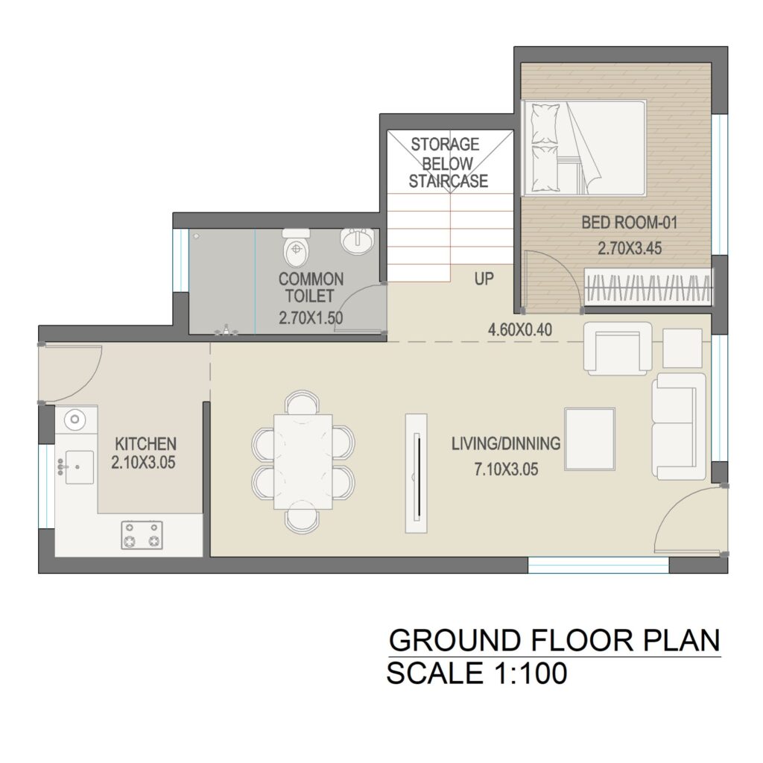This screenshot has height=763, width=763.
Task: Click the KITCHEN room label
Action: pyautogui.click(x=145, y=444)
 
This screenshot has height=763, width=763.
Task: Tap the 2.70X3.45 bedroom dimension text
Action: pyautogui.click(x=630, y=248)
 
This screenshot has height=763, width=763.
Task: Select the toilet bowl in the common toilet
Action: pyautogui.click(x=296, y=247)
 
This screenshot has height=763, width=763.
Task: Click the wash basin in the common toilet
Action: pyautogui.click(x=358, y=241)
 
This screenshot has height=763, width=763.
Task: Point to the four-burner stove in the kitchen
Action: pyautogui.click(x=142, y=535)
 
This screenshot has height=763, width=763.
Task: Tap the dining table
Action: pyautogui.click(x=303, y=462)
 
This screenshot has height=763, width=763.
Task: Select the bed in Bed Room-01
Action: pyautogui.click(x=584, y=148)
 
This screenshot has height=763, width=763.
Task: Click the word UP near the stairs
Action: pyautogui.click(x=484, y=279)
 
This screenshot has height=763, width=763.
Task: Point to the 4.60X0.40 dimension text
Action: pyautogui.click(x=519, y=330)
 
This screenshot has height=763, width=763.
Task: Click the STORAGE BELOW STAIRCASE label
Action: pyautogui.click(x=448, y=162)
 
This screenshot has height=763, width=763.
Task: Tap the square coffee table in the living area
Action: pyautogui.click(x=590, y=439)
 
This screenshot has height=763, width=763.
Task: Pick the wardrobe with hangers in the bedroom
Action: pyautogui.click(x=649, y=287)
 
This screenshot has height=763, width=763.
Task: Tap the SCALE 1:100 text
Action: pyautogui.click(x=477, y=673)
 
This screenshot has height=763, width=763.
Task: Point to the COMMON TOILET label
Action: pyautogui.click(x=311, y=288)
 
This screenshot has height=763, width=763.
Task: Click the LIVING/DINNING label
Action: pyautogui.click(x=506, y=444)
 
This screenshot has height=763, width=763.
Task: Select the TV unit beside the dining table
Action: pyautogui.click(x=417, y=473)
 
